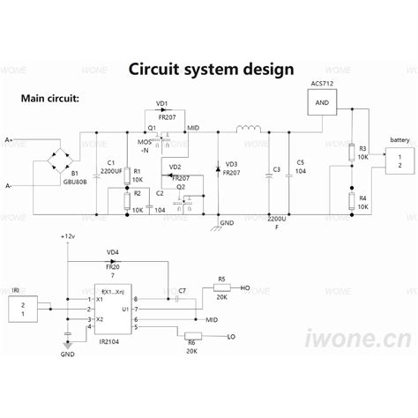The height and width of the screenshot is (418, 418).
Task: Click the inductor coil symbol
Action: click(249, 131)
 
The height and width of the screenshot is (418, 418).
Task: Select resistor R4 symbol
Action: click(351, 202)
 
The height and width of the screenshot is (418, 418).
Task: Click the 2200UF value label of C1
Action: click(111, 171)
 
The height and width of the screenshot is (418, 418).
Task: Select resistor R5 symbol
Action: click(220, 287)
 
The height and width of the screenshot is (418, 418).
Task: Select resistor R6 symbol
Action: click(190, 337)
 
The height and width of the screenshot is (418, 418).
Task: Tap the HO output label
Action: click(246, 287)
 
